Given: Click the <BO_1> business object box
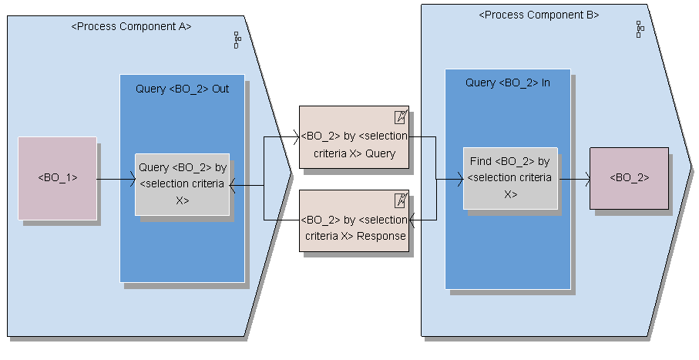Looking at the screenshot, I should (58, 178).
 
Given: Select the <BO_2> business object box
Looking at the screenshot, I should (629, 178).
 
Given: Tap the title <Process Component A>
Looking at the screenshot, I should (131, 26).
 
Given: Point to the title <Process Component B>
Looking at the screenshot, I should (539, 15).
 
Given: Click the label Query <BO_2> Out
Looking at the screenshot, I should (183, 89).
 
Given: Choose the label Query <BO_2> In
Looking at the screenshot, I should (507, 82).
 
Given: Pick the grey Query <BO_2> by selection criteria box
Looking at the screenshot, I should (183, 184).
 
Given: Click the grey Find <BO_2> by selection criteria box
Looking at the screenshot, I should (510, 178).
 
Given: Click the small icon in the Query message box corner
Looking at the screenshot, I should (400, 117).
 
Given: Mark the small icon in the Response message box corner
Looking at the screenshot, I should (400, 200).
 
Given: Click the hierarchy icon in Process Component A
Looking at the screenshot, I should (237, 41).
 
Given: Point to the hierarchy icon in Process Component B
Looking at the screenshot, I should (639, 29).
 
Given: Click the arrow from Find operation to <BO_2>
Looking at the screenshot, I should (574, 179).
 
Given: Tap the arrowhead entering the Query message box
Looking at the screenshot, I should (295, 137).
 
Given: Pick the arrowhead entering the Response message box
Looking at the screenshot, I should (412, 221).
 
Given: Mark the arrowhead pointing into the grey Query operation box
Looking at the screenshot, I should (234, 185).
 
